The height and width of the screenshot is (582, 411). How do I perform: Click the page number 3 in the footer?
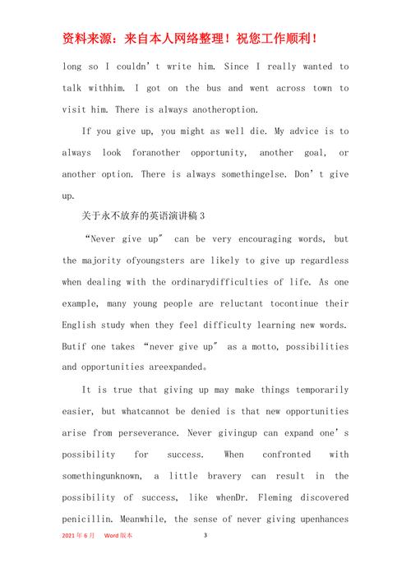click(x=205, y=535)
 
